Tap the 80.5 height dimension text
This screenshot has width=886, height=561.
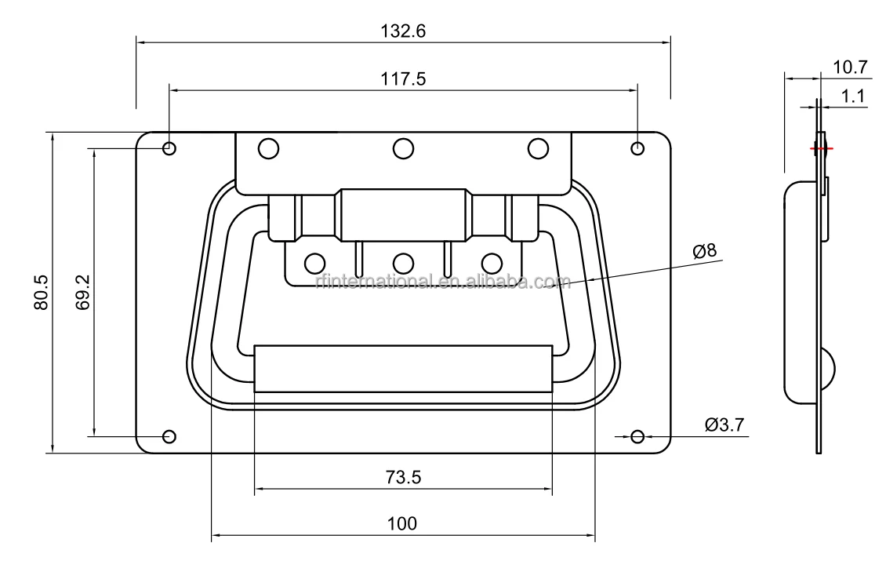[x=42, y=293]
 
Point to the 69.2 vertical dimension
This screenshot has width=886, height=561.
[x=84, y=291]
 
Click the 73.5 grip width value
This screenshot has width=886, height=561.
[x=403, y=477]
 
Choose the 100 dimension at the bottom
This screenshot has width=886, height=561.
[x=402, y=524]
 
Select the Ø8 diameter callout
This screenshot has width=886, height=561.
[x=704, y=251]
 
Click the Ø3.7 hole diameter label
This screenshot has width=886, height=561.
[x=724, y=424]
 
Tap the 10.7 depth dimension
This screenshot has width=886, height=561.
[x=850, y=67]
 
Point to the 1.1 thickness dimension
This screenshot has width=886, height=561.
[x=852, y=96]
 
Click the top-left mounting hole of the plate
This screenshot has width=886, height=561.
[x=169, y=148]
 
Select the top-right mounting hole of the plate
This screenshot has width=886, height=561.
[x=637, y=148]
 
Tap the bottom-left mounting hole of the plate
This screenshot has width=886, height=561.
[x=169, y=436]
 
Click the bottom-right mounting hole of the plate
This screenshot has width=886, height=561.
[x=637, y=436]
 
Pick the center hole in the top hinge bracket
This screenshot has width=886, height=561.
[x=403, y=148]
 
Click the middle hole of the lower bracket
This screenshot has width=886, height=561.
[x=403, y=263]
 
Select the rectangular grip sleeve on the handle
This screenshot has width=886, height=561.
[x=403, y=367]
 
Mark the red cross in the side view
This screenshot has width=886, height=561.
[x=821, y=148]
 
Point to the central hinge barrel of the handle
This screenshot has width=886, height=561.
[x=403, y=214]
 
